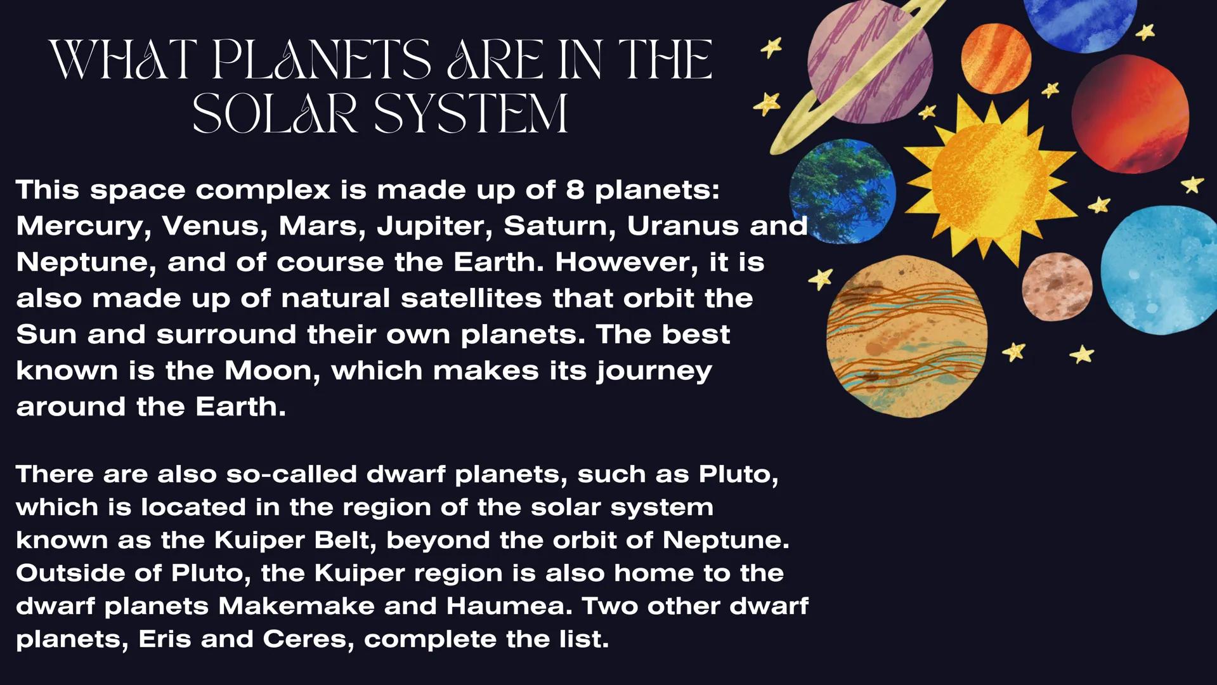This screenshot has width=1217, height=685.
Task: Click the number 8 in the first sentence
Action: coord(575,190)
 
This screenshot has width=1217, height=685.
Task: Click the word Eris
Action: coord(164,639)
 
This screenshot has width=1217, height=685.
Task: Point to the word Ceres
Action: coord(304,639)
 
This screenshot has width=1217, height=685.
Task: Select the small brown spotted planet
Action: coord(1057,287)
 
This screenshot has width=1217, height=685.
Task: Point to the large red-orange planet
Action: coord(1130,114)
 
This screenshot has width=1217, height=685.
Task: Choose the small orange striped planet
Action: coord(996,59)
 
